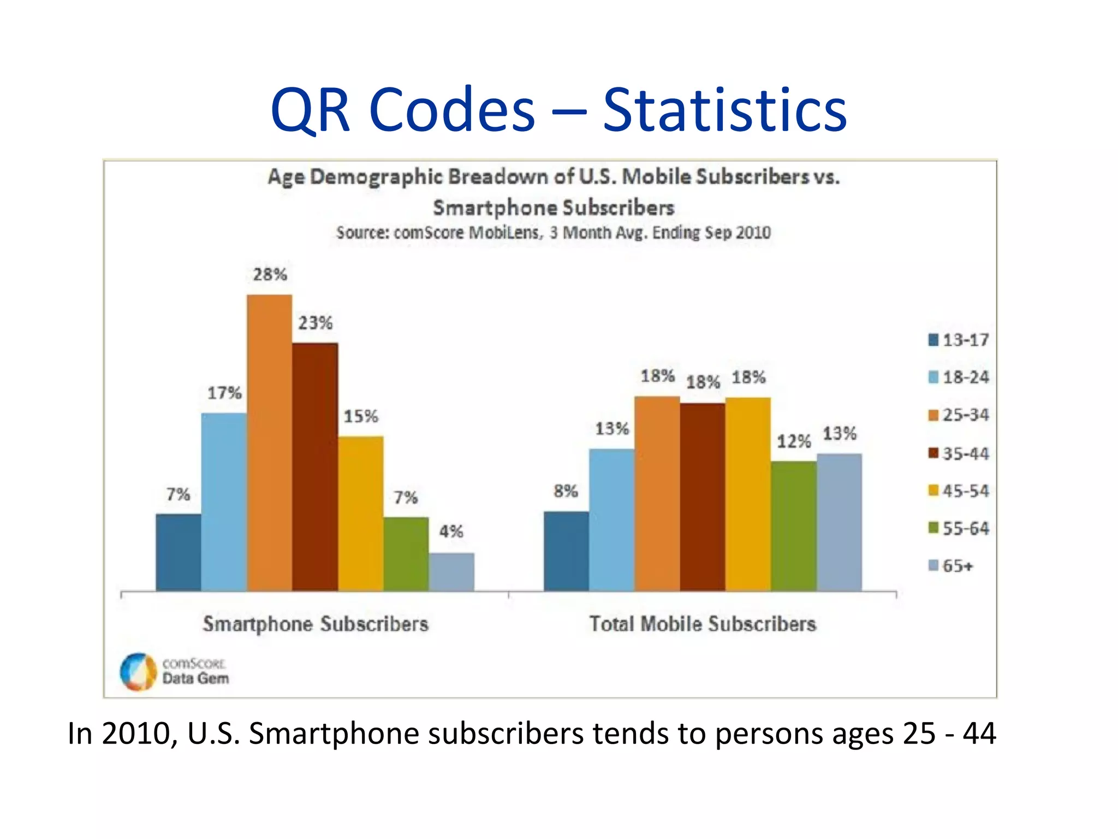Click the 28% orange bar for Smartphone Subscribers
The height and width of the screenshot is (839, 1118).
coord(269,442)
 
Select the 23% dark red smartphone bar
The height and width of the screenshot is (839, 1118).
coord(315,467)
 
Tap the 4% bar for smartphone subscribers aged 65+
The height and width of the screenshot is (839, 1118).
coord(451,572)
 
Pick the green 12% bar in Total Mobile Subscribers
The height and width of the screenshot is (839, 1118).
coord(794,526)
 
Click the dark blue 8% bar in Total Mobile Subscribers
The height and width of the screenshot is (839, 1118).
coord(566,551)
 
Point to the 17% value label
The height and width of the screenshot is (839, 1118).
coord(224,393)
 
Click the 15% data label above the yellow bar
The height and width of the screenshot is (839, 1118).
coord(361,416)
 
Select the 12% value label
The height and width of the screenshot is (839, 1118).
coord(794,441)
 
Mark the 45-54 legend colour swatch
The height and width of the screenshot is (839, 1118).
coord(933,491)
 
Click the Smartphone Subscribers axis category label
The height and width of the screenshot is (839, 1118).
coord(316,624)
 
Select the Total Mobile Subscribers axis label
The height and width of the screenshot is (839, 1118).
coord(703,624)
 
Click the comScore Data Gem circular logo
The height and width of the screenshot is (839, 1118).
coord(138,671)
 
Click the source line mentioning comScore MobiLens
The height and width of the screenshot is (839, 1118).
coord(553,233)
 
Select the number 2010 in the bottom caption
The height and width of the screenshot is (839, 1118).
coord(136,733)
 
